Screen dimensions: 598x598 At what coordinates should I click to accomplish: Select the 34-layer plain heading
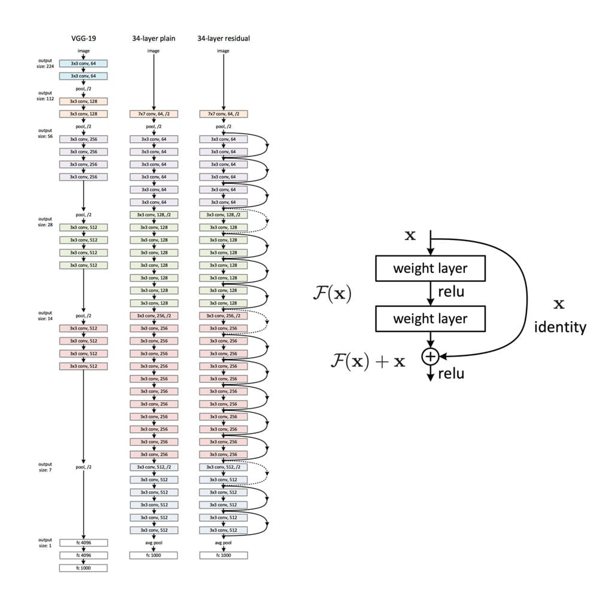click(153, 38)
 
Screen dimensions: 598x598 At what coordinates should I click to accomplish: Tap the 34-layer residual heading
click(223, 38)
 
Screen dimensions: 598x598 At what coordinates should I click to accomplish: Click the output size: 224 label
click(45, 63)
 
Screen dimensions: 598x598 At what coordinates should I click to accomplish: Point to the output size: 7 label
click(45, 467)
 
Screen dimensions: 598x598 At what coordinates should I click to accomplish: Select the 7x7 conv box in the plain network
click(153, 114)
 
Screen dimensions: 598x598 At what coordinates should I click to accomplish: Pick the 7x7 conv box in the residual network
click(223, 114)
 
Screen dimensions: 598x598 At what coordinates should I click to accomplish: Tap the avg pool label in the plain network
click(153, 543)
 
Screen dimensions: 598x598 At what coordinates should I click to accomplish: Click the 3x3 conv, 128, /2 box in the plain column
click(153, 215)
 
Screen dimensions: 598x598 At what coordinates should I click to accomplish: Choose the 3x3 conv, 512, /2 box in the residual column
click(223, 467)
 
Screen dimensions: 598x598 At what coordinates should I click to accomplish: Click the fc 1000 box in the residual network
click(223, 555)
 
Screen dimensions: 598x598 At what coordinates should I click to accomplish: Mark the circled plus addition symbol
click(430, 357)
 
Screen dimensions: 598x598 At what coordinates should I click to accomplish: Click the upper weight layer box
click(430, 269)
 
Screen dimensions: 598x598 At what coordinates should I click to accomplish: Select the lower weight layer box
click(430, 319)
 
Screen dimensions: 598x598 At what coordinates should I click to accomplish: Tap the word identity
click(560, 327)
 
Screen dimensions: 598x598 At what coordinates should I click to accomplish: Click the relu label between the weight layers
click(451, 292)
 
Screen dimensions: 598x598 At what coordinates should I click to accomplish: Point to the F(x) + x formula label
click(368, 361)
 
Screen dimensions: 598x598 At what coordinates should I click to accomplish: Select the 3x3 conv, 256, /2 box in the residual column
click(223, 316)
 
